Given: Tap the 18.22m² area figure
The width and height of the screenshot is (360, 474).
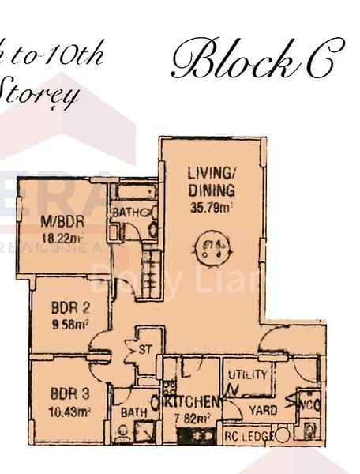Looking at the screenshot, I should (x=62, y=236).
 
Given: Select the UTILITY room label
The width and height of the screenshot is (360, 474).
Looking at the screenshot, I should (x=247, y=374).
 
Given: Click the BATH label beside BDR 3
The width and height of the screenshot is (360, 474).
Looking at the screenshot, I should (x=129, y=412).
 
